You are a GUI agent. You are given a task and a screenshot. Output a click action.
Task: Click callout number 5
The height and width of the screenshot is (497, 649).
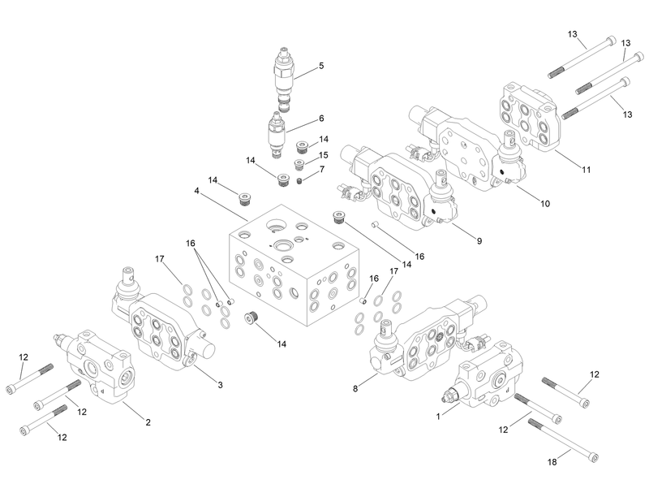pos(321,66)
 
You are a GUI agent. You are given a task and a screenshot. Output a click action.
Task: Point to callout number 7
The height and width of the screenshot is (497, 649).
pos(321,169)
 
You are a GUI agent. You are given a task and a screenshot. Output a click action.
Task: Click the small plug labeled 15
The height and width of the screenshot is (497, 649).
pos(299,164)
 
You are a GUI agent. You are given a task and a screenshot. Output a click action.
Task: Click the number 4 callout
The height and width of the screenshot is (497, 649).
pos(196,191)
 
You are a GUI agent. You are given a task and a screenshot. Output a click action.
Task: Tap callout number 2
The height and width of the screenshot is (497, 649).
pos(148,421)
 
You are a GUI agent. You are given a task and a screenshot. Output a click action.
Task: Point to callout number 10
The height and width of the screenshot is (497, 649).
pos(545,203)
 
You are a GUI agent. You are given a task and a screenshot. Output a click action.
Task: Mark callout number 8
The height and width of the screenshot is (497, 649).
pos(355,389)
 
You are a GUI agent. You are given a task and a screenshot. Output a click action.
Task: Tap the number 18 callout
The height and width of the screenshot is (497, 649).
pos(552,462)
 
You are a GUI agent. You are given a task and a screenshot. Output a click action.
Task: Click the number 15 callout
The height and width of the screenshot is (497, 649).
pos(323,155)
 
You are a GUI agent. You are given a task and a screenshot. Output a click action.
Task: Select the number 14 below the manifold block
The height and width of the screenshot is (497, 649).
pos(282,344)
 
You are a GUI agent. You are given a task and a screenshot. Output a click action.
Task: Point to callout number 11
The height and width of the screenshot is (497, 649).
pos(586,169)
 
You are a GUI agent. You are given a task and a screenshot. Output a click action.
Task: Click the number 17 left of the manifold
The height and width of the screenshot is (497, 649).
pos(160,259)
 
